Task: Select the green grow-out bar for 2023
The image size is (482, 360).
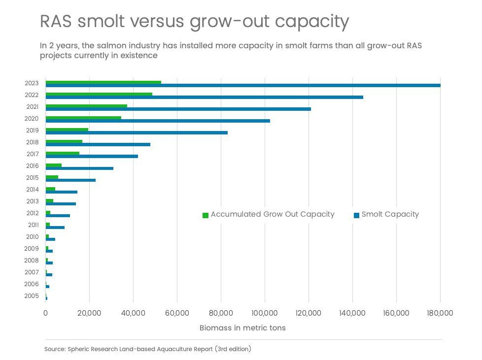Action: [x=103, y=82]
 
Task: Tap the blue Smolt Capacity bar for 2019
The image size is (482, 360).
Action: [x=137, y=132]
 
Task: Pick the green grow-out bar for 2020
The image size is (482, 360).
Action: [x=83, y=118]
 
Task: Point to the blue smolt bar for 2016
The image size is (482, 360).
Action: [x=79, y=168]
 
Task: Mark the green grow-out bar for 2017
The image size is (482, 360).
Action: [x=62, y=153]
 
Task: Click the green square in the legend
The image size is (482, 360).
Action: [x=206, y=215]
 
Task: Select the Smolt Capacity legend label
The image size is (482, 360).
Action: [x=390, y=214]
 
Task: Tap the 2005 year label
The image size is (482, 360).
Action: [x=32, y=296]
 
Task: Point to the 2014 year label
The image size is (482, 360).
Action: [x=32, y=190]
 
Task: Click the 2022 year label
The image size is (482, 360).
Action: [x=32, y=95]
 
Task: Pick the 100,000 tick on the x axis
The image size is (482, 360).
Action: [x=265, y=313]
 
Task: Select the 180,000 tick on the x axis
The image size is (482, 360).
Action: [x=440, y=313]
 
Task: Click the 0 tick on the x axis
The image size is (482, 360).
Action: [x=45, y=313]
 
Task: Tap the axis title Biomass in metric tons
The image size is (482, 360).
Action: [x=242, y=327]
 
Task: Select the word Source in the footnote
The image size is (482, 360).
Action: [x=55, y=349]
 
